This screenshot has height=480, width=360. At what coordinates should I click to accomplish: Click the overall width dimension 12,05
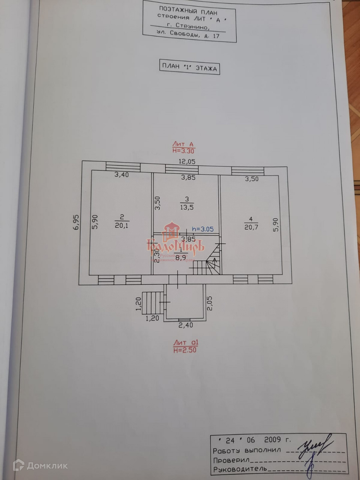click(x=187, y=162)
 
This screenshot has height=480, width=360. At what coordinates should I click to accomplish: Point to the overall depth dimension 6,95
click(x=76, y=222)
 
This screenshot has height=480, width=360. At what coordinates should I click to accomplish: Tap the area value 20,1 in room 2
click(x=122, y=225)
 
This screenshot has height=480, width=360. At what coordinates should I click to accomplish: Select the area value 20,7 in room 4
click(x=251, y=227)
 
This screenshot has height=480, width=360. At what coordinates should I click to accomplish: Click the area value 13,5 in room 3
click(x=187, y=207)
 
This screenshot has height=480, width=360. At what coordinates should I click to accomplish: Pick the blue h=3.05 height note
click(x=203, y=229)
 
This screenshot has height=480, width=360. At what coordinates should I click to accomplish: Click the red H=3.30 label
click(x=183, y=151)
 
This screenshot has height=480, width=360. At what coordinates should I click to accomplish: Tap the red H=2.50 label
click(x=185, y=350)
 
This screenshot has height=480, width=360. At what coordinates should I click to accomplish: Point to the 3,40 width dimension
click(x=122, y=174)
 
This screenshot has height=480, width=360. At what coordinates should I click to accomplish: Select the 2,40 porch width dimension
click(x=186, y=325)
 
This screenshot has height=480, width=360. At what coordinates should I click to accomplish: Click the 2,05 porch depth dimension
click(x=210, y=303)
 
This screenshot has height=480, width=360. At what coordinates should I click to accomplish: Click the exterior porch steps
click(x=152, y=302)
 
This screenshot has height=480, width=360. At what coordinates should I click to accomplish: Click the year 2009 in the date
click(x=273, y=440)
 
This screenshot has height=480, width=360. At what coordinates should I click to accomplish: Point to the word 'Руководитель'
click(x=240, y=469)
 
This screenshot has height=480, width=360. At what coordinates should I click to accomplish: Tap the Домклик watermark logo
click(x=40, y=465)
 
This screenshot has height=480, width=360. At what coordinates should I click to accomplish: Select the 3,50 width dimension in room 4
click(x=252, y=179)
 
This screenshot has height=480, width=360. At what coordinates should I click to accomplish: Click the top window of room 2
click(x=123, y=166)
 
